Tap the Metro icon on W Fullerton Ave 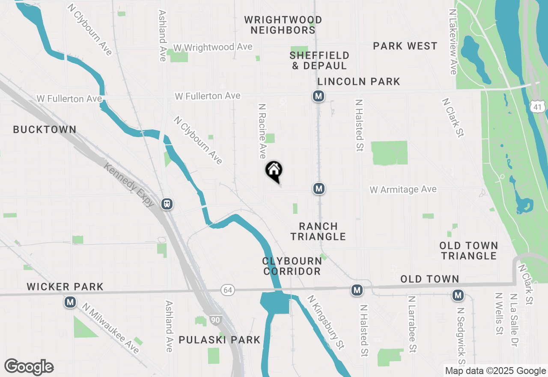pos(318,96)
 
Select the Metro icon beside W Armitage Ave pos(318,188)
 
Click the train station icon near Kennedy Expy pos(167,204)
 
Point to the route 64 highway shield pos(228,290)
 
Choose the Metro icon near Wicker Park pos(70,302)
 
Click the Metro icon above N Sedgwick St pos(458,295)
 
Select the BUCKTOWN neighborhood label pos(45,129)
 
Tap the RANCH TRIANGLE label pos(318,231)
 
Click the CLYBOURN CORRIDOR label pos(292,266)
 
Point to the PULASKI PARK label pos(219,340)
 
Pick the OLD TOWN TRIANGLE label pos(469,251)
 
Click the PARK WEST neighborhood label pos(405,46)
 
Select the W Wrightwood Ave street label pos(213,47)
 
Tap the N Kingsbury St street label pos(326,321)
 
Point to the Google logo pos(29,367)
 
